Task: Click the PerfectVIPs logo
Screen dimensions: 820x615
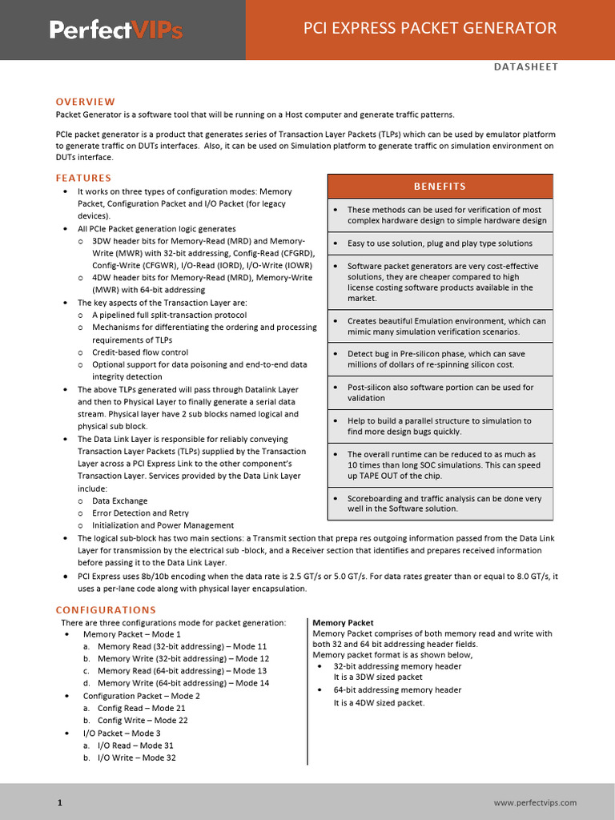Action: tap(116, 30)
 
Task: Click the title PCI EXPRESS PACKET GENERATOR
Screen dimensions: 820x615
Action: tap(429, 29)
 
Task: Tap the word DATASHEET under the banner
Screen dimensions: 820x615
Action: tap(525, 66)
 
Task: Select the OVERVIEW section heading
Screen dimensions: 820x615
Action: tap(85, 102)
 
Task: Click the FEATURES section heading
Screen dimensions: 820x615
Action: tap(83, 178)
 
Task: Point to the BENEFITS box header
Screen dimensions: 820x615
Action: tap(440, 187)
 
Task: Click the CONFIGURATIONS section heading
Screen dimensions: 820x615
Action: tap(106, 610)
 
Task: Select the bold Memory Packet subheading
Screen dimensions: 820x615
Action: tap(343, 622)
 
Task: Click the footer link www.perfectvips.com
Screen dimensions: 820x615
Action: tap(536, 802)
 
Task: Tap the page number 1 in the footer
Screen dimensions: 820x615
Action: tap(59, 802)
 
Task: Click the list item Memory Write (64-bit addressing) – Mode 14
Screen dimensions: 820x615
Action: tap(183, 683)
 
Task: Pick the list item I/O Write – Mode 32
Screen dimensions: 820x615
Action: tap(136, 758)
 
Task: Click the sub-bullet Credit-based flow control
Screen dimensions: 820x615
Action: tap(140, 352)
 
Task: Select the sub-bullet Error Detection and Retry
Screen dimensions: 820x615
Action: tap(140, 512)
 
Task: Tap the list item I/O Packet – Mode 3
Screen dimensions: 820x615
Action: tap(122, 733)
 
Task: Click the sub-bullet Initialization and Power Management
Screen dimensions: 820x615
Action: tap(163, 525)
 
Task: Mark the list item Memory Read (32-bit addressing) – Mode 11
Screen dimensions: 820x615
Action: tap(182, 646)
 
